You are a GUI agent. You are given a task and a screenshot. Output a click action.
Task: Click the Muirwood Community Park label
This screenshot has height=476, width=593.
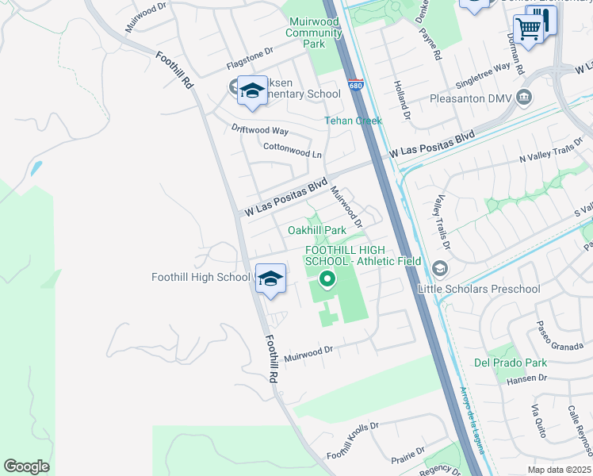click(315, 33)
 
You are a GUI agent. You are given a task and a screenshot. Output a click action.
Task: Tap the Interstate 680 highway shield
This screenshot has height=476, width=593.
click(356, 84)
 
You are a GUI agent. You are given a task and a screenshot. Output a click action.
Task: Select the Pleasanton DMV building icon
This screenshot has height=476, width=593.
click(524, 98)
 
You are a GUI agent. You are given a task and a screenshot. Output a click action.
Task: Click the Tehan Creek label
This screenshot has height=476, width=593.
click(353, 121)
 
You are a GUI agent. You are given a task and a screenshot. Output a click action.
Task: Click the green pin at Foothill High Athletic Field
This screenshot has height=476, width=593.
click(326, 279)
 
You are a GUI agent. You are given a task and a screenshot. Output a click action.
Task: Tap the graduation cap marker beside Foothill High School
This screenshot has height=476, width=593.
click(270, 279)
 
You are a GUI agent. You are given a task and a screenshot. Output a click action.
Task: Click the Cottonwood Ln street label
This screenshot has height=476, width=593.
click(293, 147)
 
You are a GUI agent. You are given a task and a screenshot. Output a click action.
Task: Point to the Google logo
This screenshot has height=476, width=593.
click(26, 466)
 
